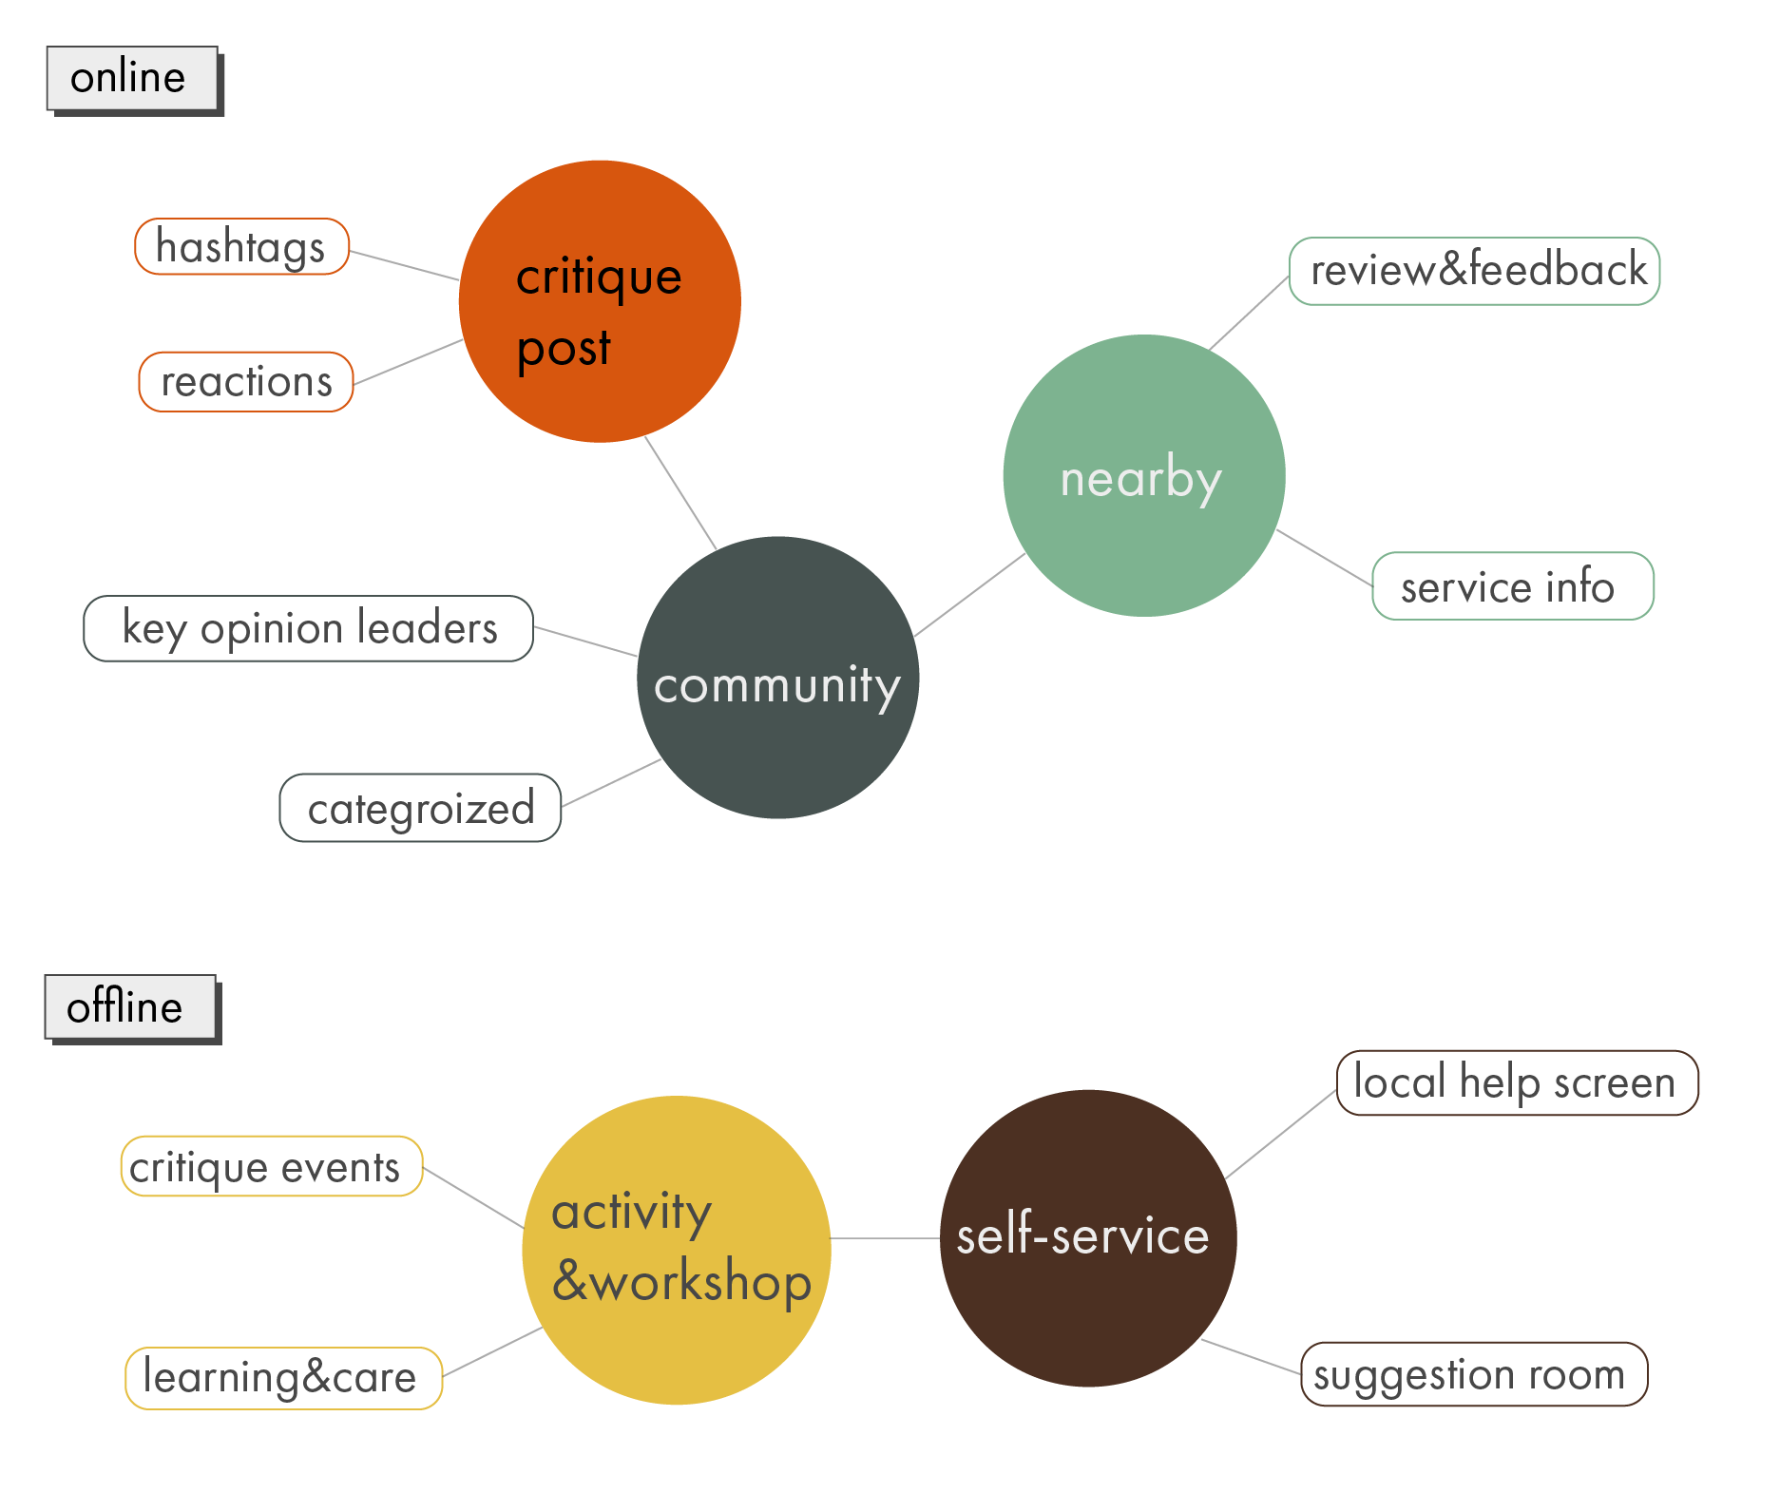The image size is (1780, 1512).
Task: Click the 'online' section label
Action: point(132,78)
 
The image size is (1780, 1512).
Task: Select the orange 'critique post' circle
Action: point(600,301)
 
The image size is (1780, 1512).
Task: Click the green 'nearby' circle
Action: point(1144,475)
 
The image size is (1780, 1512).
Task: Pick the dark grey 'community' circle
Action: point(777,678)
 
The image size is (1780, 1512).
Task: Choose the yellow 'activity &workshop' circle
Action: point(677,1250)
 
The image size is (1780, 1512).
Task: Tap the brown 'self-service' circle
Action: point(1088,1237)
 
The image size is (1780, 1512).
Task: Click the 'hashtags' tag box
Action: point(242,247)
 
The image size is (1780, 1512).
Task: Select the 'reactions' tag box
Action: point(246,382)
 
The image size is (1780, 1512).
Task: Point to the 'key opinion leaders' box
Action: point(309,628)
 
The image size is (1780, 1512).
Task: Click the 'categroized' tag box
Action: point(420,808)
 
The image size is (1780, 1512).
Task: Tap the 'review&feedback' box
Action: point(1474,271)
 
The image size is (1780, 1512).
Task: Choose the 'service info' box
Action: point(1512,586)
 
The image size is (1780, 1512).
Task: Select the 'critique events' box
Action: point(272,1166)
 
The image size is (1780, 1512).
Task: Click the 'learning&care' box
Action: point(284,1378)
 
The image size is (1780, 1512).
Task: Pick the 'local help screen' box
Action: point(1517,1082)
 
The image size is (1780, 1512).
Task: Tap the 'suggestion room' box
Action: point(1473,1374)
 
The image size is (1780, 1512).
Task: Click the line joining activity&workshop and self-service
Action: point(886,1238)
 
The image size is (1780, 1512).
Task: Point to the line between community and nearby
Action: point(968,595)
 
